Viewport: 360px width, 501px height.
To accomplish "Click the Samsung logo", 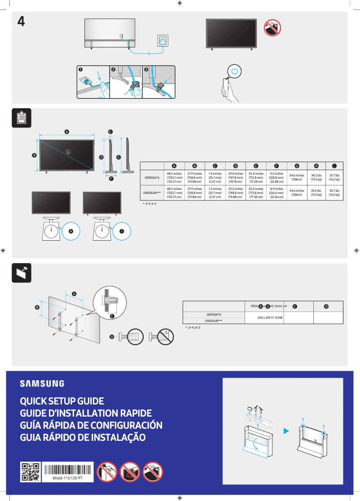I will pos(42,383).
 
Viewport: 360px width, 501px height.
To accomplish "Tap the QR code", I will pos(31,472).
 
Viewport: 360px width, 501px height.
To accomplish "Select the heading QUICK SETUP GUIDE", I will pos(62,401).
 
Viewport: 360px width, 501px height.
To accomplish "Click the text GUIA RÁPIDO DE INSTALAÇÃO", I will pos(83,437).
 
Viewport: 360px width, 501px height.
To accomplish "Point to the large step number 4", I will pos(21,22).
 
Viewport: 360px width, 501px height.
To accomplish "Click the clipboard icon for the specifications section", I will pos(22,118).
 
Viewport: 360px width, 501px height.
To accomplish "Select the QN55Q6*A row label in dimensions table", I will pos(152,178).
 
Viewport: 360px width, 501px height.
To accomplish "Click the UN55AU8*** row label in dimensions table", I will pos(152,193).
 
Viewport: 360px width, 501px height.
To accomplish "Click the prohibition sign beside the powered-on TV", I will pos(272,28).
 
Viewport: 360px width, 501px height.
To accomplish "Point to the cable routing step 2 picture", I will pos(126,82).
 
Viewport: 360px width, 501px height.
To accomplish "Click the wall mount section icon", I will pos(22,273).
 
